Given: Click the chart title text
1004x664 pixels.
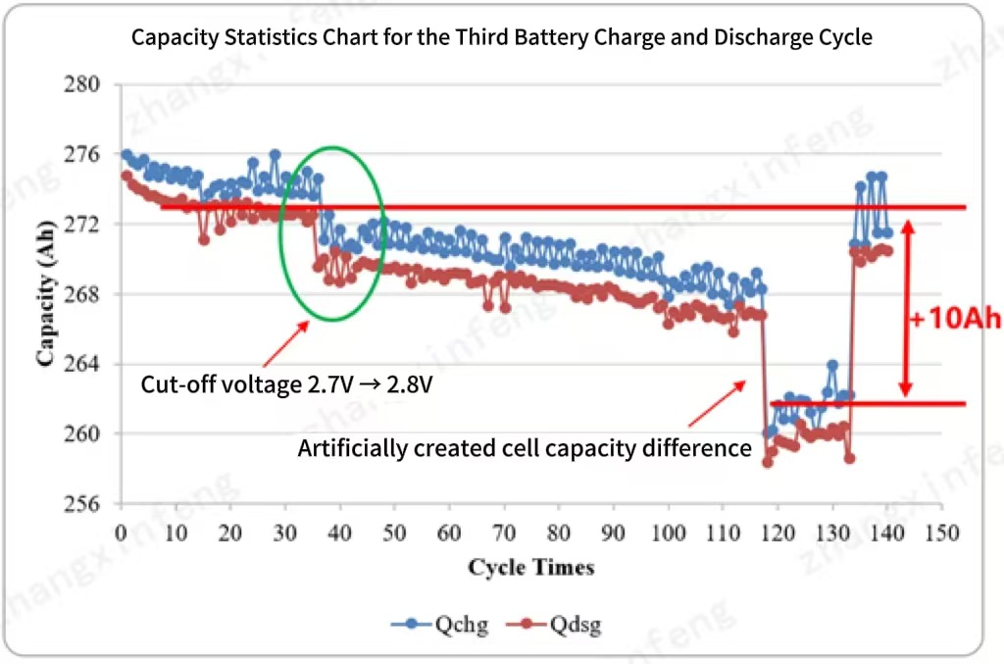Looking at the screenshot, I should pos(502,38).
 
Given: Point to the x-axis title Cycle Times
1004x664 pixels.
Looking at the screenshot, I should pos(530,567).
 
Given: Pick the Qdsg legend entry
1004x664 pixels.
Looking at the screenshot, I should pos(560,624).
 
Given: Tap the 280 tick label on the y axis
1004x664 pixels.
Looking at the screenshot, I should pos(85,84).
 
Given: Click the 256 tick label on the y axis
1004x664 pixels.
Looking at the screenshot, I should pos(85,503).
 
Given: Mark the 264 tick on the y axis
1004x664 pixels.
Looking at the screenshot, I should pos(85,364).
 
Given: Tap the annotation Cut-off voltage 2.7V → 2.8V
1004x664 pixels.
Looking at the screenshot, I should pos(287,383).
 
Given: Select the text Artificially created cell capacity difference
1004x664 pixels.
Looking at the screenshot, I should pos(525,449).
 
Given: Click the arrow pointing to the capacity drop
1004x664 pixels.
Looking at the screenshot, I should pos(716,403).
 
